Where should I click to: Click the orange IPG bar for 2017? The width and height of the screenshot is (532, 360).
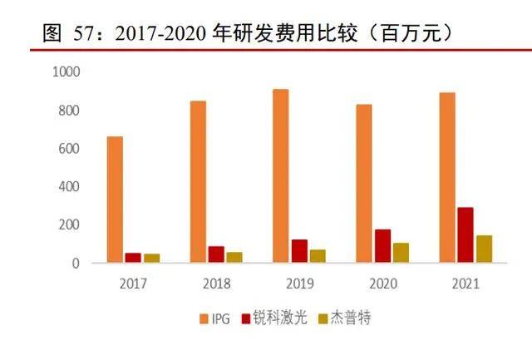[x=115, y=200]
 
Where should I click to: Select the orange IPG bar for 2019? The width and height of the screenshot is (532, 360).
[x=280, y=176]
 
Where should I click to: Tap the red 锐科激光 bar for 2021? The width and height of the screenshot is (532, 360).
[x=465, y=235]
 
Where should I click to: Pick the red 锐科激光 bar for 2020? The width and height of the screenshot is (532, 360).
[x=382, y=246]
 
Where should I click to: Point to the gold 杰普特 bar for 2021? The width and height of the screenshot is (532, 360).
[x=484, y=249]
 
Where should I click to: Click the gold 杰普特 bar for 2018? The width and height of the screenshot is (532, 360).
[x=234, y=258]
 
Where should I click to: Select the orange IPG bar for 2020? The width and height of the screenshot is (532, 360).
[x=363, y=184]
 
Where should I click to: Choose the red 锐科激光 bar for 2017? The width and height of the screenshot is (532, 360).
[x=133, y=258]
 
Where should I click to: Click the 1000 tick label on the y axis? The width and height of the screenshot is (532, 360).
[x=66, y=73]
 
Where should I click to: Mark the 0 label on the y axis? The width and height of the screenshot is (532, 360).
[x=75, y=264]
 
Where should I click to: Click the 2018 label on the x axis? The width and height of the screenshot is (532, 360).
[x=215, y=284]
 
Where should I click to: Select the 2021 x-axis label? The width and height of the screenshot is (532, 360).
[x=465, y=284]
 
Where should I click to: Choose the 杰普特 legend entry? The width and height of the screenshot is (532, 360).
[x=337, y=318]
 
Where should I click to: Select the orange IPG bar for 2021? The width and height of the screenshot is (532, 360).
[x=446, y=178]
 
